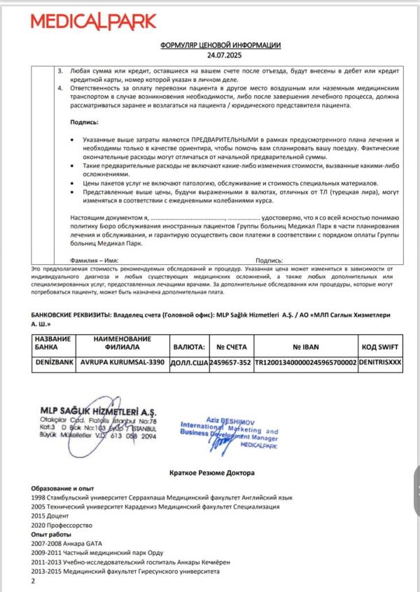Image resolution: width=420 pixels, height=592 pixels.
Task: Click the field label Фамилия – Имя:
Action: (x=95, y=259)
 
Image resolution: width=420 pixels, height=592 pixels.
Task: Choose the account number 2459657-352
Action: (x=230, y=363)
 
